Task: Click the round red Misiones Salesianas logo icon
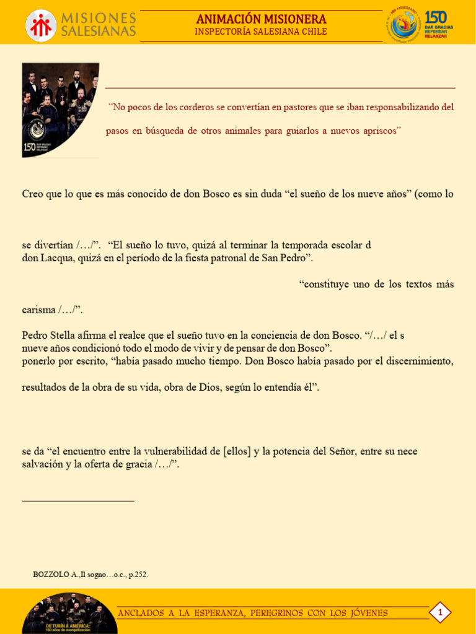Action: click(x=41, y=25)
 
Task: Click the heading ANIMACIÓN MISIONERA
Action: click(x=261, y=19)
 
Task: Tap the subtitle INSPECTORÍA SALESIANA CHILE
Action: click(x=261, y=32)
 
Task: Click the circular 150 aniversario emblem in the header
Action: click(x=403, y=24)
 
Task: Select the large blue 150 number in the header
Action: click(x=436, y=17)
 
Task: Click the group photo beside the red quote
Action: click(x=60, y=110)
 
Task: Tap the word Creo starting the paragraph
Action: click(x=33, y=194)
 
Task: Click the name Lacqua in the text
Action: click(x=58, y=258)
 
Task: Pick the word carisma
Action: click(x=38, y=310)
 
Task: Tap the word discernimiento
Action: click(x=418, y=361)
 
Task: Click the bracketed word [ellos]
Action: click(x=237, y=451)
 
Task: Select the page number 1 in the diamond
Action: click(x=440, y=613)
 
